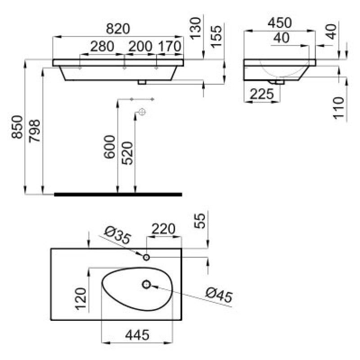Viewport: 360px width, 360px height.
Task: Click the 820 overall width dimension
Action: [x=118, y=28]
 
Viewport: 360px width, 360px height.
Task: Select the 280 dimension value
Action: [x=102, y=46]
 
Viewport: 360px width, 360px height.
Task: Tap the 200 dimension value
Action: [x=140, y=46]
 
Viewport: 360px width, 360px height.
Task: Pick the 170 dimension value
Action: [x=170, y=46]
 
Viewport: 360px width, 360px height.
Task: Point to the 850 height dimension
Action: [x=17, y=127]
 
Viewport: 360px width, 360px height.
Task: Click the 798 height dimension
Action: [x=35, y=131]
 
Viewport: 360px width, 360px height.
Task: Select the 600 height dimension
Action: [x=109, y=147]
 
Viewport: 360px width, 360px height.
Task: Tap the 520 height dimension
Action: [x=127, y=153]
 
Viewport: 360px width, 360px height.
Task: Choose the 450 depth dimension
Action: [x=279, y=23]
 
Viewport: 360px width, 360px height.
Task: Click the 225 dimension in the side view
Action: [x=262, y=94]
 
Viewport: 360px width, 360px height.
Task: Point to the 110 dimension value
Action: [x=339, y=108]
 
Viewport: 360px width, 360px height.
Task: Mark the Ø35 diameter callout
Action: [x=117, y=235]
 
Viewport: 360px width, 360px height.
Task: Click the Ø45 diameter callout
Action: [x=219, y=295]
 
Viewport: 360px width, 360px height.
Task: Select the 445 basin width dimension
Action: [x=137, y=334]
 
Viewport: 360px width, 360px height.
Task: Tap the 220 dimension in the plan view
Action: [x=163, y=229]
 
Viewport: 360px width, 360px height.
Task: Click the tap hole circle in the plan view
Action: [x=146, y=257]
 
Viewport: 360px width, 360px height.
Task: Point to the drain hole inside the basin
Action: [x=146, y=285]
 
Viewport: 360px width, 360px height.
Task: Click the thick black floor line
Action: [x=118, y=194]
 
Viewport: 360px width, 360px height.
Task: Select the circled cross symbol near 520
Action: [x=142, y=112]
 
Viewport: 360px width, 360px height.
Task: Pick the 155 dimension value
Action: [x=216, y=36]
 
